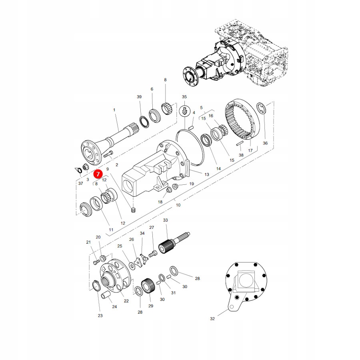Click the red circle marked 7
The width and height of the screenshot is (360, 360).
(x=98, y=174)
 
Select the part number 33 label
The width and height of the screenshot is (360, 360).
(x=166, y=220)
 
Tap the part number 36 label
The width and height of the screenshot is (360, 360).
(x=265, y=143)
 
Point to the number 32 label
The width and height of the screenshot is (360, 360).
(x=212, y=318)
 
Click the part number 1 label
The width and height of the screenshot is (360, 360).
(x=114, y=110)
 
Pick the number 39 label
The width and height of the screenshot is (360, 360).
(x=139, y=97)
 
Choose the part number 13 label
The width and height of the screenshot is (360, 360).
(x=207, y=174)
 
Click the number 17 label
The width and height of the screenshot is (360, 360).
(x=250, y=150)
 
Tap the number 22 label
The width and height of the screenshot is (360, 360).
(x=126, y=301)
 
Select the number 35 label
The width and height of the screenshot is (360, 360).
(x=184, y=97)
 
